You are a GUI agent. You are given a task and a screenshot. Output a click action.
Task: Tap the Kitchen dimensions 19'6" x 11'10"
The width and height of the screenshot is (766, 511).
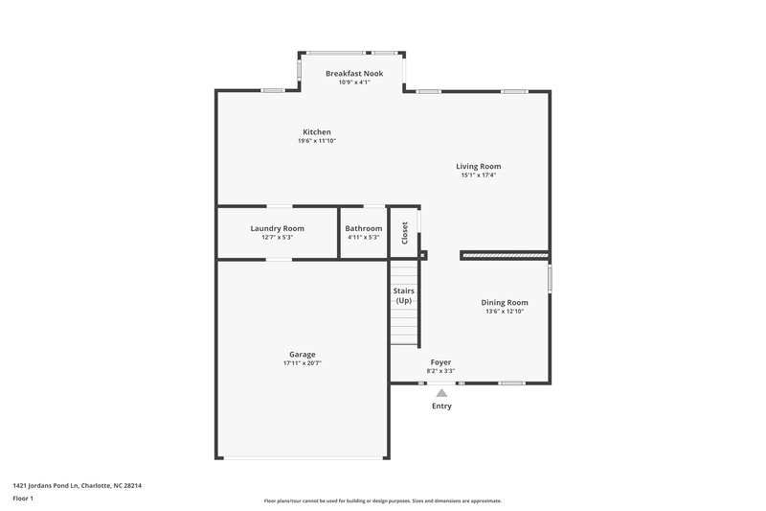(317, 141)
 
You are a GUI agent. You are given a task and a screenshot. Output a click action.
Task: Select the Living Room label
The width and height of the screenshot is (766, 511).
(478, 166)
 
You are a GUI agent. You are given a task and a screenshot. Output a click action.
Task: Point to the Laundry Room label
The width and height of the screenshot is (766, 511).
(277, 228)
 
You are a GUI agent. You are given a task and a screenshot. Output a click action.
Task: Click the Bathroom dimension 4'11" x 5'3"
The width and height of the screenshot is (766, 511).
(364, 237)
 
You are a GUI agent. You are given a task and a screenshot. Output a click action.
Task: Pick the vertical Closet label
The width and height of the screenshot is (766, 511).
(405, 233)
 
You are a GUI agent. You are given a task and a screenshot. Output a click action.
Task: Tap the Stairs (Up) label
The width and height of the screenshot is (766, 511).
(404, 295)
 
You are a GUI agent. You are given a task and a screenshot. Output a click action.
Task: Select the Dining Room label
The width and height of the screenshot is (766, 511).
(504, 302)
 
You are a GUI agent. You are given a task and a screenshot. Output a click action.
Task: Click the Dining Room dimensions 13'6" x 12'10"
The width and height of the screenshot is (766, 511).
(504, 312)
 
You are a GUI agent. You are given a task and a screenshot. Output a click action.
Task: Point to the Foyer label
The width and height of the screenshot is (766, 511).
(440, 362)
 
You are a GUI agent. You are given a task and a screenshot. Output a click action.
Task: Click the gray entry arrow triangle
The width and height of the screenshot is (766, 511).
(441, 392)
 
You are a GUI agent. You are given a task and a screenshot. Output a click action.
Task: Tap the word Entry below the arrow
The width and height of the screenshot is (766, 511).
(441, 406)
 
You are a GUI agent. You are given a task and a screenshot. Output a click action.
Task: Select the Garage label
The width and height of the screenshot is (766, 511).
(303, 354)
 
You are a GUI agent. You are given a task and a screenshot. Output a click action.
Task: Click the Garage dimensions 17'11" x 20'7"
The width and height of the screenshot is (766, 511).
(303, 363)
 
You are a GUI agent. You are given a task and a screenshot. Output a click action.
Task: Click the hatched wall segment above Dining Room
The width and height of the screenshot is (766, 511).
(505, 256)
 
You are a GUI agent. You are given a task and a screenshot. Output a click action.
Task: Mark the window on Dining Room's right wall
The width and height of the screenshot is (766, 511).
(550, 279)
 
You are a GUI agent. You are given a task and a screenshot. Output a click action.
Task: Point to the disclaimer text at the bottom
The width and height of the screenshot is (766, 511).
(382, 500)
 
